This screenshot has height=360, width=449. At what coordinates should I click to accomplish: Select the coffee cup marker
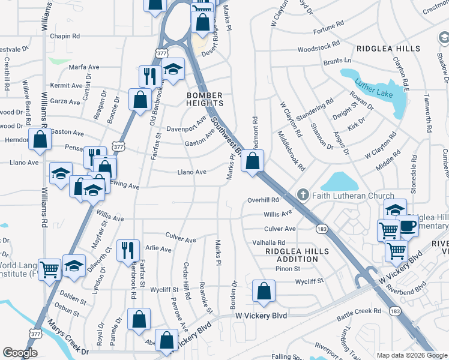coord(408,226)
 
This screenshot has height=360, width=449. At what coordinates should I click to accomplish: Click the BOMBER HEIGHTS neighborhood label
coord(205,100)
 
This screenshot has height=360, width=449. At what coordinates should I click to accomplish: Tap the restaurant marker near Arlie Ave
coord(128,249)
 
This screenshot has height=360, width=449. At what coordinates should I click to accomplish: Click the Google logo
coord(20,352)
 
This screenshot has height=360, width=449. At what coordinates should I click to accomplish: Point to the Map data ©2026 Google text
coord(411,355)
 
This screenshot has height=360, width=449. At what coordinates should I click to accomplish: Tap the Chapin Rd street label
coord(65,37)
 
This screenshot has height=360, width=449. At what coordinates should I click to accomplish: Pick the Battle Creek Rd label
coord(359,311)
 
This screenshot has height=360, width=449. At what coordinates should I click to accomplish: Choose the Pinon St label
coord(288,269)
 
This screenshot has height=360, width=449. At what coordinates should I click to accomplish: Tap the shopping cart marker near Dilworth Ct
coord(49,269)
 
